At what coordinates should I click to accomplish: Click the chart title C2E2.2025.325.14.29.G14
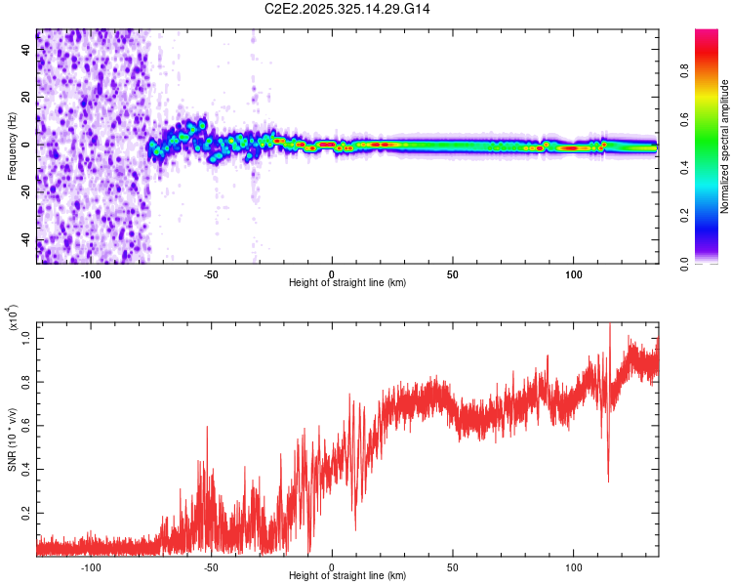[348, 9]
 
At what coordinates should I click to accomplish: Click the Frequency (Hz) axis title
[12, 146]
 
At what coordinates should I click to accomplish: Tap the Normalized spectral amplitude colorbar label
[725, 147]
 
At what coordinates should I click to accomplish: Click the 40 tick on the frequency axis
[26, 49]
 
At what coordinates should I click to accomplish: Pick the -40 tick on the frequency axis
[24, 240]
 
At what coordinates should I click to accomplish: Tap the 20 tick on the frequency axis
[26, 97]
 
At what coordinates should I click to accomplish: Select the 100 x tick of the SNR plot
[573, 565]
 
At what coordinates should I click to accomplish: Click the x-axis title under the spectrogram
[347, 283]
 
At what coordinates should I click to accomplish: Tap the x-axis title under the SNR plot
[347, 576]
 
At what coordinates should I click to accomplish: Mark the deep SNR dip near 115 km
[608, 480]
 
